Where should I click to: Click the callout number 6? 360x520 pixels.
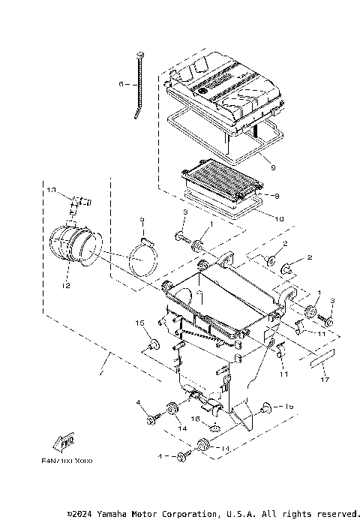120,85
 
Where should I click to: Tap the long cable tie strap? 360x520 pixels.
140,83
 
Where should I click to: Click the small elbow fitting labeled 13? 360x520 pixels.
76,201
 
